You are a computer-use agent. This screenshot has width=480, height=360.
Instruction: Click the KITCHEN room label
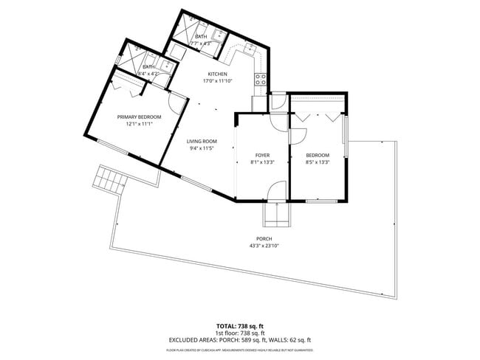tap(217, 75)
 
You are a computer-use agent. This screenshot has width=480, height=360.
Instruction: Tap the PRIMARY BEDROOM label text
tap(139, 117)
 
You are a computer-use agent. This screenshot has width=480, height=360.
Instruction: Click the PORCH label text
tap(264, 239)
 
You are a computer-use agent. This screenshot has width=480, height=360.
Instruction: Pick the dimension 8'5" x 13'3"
tap(317, 162)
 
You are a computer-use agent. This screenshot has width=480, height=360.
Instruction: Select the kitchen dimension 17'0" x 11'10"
tap(217, 81)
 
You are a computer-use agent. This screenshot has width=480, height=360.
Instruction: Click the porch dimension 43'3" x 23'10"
tap(264, 246)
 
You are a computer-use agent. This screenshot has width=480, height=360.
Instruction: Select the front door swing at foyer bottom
tap(274, 193)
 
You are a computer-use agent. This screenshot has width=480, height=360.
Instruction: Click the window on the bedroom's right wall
tap(345, 141)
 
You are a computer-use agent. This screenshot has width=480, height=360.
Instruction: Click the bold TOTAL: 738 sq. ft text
tap(240, 325)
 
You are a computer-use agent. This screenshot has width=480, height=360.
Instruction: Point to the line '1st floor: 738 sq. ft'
tap(240, 333)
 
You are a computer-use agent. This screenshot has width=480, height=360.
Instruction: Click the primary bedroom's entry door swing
tap(177, 103)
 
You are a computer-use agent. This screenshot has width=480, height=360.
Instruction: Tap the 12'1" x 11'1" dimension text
tap(139, 124)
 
